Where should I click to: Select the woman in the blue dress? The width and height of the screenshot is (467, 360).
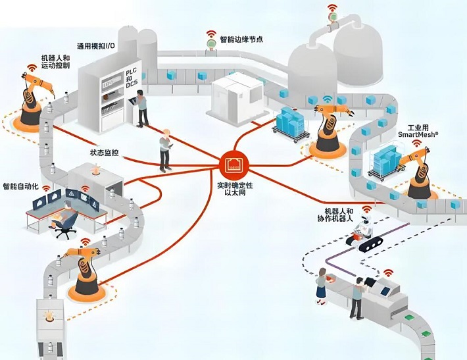click(322, 283)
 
